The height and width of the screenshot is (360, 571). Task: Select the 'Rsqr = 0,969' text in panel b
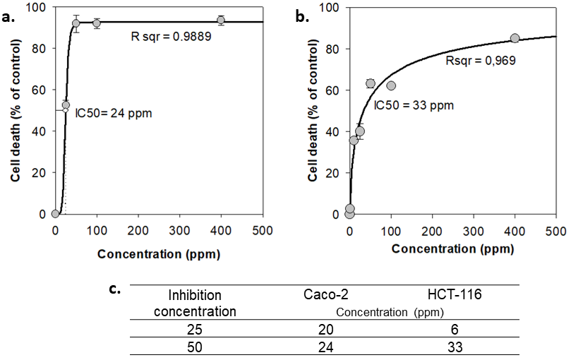pos(480,61)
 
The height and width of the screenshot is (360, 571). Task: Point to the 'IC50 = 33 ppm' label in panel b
pos(413,105)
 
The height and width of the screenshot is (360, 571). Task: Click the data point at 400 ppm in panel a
pos(221,20)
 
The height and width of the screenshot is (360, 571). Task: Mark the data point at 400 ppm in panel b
pos(515,38)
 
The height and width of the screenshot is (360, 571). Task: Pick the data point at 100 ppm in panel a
pos(97,23)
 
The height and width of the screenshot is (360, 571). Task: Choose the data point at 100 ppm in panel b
pos(391,85)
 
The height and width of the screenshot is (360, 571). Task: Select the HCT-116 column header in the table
pos(456,294)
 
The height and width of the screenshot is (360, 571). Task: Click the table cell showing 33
pos(456,347)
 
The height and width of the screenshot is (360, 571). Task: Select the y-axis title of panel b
pos(313,111)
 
